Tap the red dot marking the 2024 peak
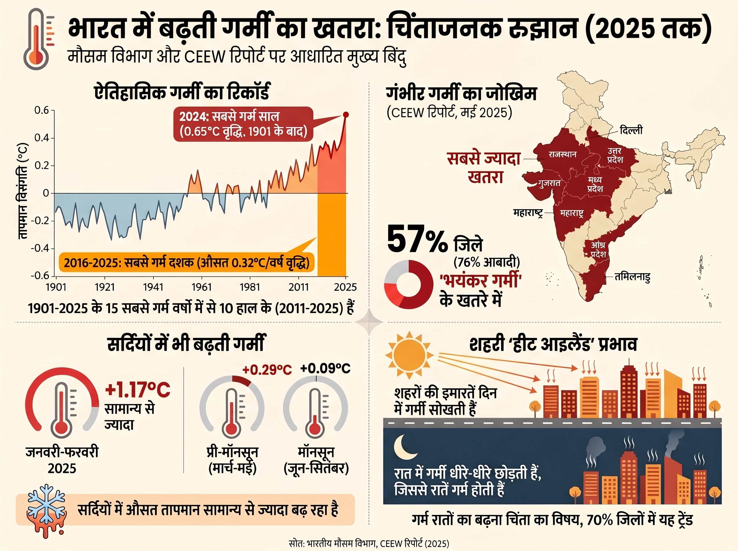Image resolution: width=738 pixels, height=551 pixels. [346, 114]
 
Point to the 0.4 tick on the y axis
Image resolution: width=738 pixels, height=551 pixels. [42, 138]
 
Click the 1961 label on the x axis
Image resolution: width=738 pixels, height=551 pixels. [201, 287]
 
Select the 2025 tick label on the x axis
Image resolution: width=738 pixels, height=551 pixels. [346, 287]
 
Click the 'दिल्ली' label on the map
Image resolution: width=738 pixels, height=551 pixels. [631, 130]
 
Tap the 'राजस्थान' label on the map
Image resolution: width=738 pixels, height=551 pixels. [563, 154]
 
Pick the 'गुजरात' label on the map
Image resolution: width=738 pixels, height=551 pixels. [549, 183]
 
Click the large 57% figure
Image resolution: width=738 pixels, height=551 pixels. [417, 239]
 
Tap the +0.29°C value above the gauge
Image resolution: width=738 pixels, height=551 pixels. [267, 370]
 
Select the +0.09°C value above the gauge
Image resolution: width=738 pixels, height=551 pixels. [325, 369]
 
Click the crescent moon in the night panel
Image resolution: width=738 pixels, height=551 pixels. [404, 447]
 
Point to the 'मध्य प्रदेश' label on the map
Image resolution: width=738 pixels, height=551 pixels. [595, 184]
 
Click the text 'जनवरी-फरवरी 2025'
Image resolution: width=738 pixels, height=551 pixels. [62, 461]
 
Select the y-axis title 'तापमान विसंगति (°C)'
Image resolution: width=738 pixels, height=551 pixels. [23, 192]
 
